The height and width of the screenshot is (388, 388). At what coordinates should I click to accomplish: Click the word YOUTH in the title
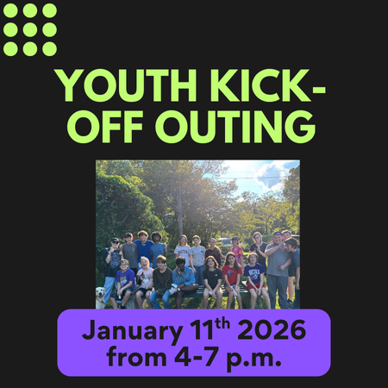pos(126,85)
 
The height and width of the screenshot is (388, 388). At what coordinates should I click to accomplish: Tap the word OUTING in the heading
pos(235,127)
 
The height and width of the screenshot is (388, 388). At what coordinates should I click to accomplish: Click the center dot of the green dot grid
pos(30,30)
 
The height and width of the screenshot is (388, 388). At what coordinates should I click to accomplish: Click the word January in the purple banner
pos(133,330)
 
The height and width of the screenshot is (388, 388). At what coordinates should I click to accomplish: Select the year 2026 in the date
pos(272,329)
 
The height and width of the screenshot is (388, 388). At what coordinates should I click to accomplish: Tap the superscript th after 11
pos(222,324)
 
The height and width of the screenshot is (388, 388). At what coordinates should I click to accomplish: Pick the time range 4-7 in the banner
pos(196,357)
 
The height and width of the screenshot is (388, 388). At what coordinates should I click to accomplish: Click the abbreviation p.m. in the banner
pos(254,359)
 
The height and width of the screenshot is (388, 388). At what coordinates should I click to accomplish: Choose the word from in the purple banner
pos(137,356)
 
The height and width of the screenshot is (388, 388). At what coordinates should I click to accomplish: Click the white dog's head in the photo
pos(100,293)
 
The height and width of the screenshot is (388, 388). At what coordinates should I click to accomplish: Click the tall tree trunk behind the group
pos(180,213)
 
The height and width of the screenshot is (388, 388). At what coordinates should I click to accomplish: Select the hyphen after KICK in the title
pos(318,90)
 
